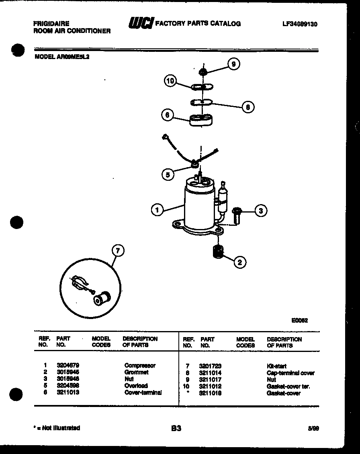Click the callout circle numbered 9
(233, 64)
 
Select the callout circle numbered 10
(170, 81)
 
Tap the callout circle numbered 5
(168, 174)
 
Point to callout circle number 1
(157, 209)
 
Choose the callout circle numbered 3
(261, 211)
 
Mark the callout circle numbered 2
(240, 262)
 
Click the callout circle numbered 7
(117, 251)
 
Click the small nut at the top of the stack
(203, 72)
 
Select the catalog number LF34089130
(299, 24)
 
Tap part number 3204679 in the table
(65, 366)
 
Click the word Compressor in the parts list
(139, 366)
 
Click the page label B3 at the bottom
(176, 428)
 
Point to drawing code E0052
(299, 320)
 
